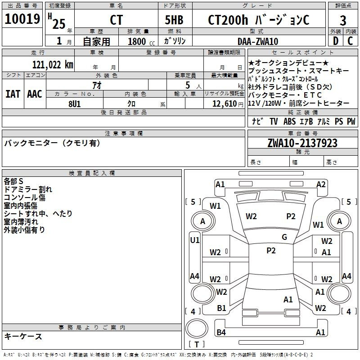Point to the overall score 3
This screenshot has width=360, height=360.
(x=343, y=20)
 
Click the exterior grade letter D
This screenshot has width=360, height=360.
(x=335, y=41)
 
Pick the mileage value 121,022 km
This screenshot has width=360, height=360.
(x=53, y=64)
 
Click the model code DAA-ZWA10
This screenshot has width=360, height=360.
(x=258, y=41)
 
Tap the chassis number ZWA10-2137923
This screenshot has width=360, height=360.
(x=302, y=143)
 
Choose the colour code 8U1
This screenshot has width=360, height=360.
(x=74, y=103)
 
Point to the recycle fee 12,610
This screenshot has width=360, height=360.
(x=225, y=103)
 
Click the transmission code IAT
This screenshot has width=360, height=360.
(x=13, y=94)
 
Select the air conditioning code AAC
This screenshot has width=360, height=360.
(x=34, y=94)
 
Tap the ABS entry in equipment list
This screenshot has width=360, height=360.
(x=289, y=121)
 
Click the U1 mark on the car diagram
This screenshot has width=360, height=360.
(x=194, y=240)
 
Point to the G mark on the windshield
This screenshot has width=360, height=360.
(x=284, y=237)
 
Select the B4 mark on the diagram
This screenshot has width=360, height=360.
(x=221, y=332)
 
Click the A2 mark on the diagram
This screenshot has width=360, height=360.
(x=321, y=184)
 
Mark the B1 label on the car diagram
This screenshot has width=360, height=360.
(x=221, y=308)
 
